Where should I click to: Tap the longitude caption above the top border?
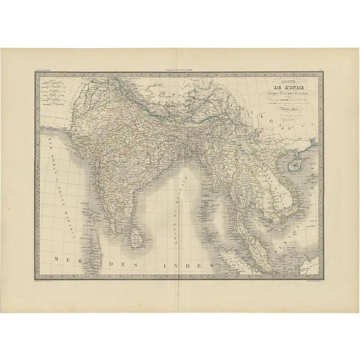[x=179, y=68]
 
